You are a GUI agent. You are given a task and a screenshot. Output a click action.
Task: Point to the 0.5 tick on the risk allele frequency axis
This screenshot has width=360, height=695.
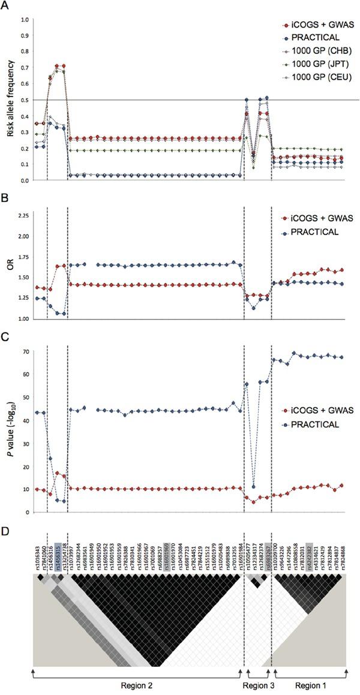point(25,100)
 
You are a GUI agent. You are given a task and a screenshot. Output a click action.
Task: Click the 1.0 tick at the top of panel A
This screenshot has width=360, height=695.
point(25,20)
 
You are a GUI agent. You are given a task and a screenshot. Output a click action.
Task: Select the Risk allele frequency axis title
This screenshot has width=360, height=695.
point(8,100)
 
